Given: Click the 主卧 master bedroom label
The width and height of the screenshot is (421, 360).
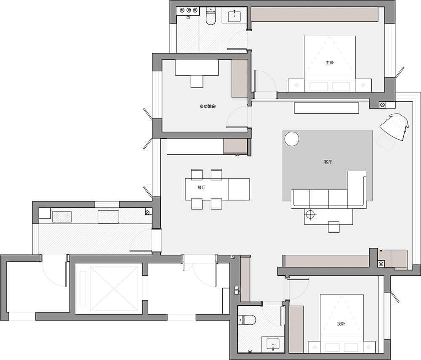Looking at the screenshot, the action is pyautogui.click(x=330, y=63).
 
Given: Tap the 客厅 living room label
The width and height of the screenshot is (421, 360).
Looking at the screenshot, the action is pyautogui.click(x=328, y=162).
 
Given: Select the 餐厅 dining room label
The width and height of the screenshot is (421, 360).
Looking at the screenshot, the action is pyautogui.click(x=201, y=188).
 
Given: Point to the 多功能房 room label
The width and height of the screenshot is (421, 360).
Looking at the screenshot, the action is pyautogui.click(x=208, y=106).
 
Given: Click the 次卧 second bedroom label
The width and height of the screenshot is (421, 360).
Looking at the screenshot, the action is pyautogui.click(x=341, y=324).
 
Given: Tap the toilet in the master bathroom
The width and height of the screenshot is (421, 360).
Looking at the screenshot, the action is pyautogui.click(x=211, y=16).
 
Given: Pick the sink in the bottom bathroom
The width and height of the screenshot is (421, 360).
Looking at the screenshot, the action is pyautogui.click(x=273, y=344).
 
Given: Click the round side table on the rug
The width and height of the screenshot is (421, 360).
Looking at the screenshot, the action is pyautogui.click(x=292, y=139).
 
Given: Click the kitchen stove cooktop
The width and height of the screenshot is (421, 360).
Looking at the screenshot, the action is pyautogui.click(x=62, y=217).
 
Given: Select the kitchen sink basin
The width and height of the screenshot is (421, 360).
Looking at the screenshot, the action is pyautogui.click(x=108, y=217).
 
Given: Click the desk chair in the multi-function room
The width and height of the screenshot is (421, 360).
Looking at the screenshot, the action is pyautogui.click(x=197, y=81).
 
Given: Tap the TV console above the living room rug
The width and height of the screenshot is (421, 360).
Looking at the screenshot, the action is pyautogui.click(x=327, y=108).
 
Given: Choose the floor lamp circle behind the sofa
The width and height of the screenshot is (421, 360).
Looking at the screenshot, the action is pyautogui.click(x=311, y=214).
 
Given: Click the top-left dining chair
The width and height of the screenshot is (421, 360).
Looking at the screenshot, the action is pyautogui.click(x=197, y=175).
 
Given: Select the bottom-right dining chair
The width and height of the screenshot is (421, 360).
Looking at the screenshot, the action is pyautogui.click(x=216, y=204).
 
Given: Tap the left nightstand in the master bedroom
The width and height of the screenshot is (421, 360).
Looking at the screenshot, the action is pyautogui.click(x=296, y=85).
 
